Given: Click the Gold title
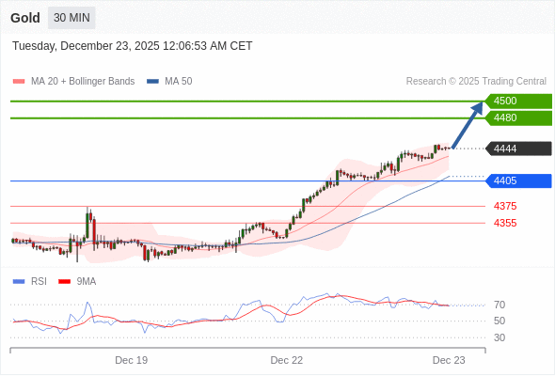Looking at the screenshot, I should (25, 18).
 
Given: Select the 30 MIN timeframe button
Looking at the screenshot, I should (71, 18).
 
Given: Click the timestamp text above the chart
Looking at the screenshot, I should (133, 46).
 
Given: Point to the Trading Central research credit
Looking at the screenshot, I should (476, 82).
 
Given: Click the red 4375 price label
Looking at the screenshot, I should (505, 206).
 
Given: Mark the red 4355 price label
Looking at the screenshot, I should (505, 223).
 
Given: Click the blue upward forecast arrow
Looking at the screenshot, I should (468, 124).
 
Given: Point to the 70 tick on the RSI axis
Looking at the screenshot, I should (499, 305).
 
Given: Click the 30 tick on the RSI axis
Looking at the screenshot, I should (499, 337).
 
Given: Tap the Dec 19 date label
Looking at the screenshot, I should (132, 360).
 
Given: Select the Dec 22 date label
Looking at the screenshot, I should (287, 360).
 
